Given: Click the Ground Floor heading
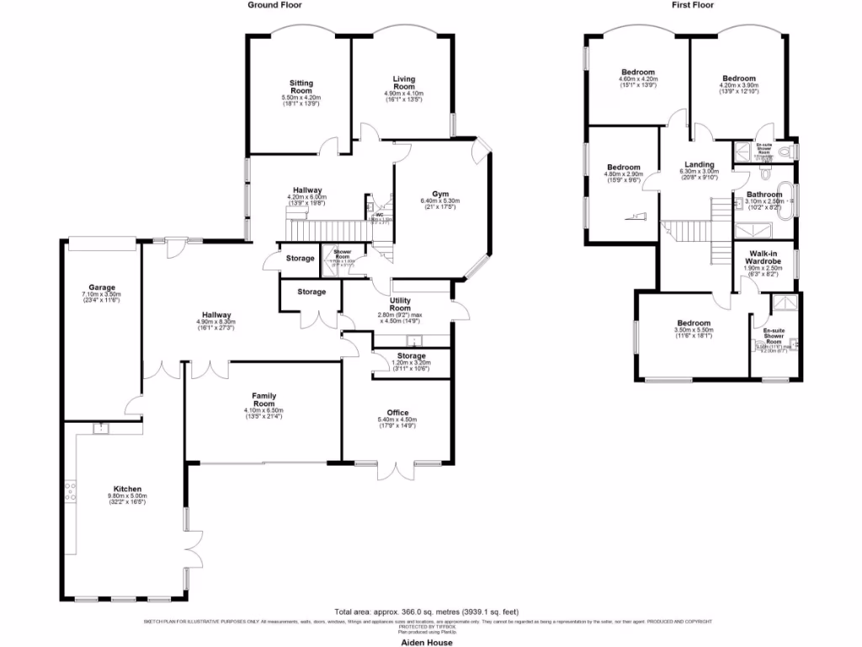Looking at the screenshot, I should click(x=274, y=5).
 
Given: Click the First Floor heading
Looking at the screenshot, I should click(x=694, y=5).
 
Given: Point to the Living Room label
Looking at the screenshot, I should click(x=404, y=83).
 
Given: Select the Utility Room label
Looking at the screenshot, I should click(x=400, y=304).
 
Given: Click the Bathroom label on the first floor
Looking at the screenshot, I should click(x=764, y=195).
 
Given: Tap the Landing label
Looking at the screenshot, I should click(x=699, y=165).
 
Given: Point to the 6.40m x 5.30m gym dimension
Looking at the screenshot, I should click(x=439, y=201).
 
